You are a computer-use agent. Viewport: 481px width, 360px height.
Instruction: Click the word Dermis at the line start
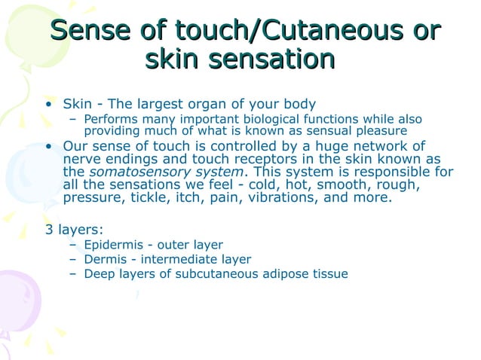pos(104,259)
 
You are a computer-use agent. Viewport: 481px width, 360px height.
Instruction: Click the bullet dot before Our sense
pos(49,146)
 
